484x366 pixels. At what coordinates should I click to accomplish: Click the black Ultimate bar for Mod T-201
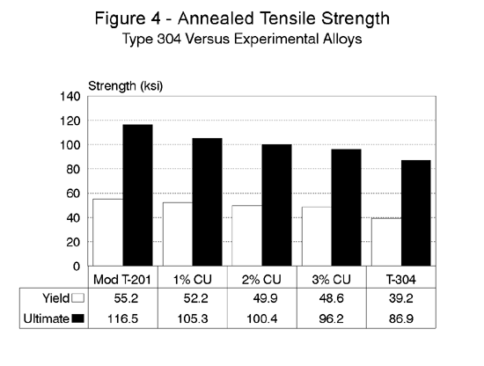tap(137, 194)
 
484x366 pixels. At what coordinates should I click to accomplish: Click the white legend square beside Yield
tap(77, 299)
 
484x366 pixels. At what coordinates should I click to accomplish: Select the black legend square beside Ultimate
tap(77, 318)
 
